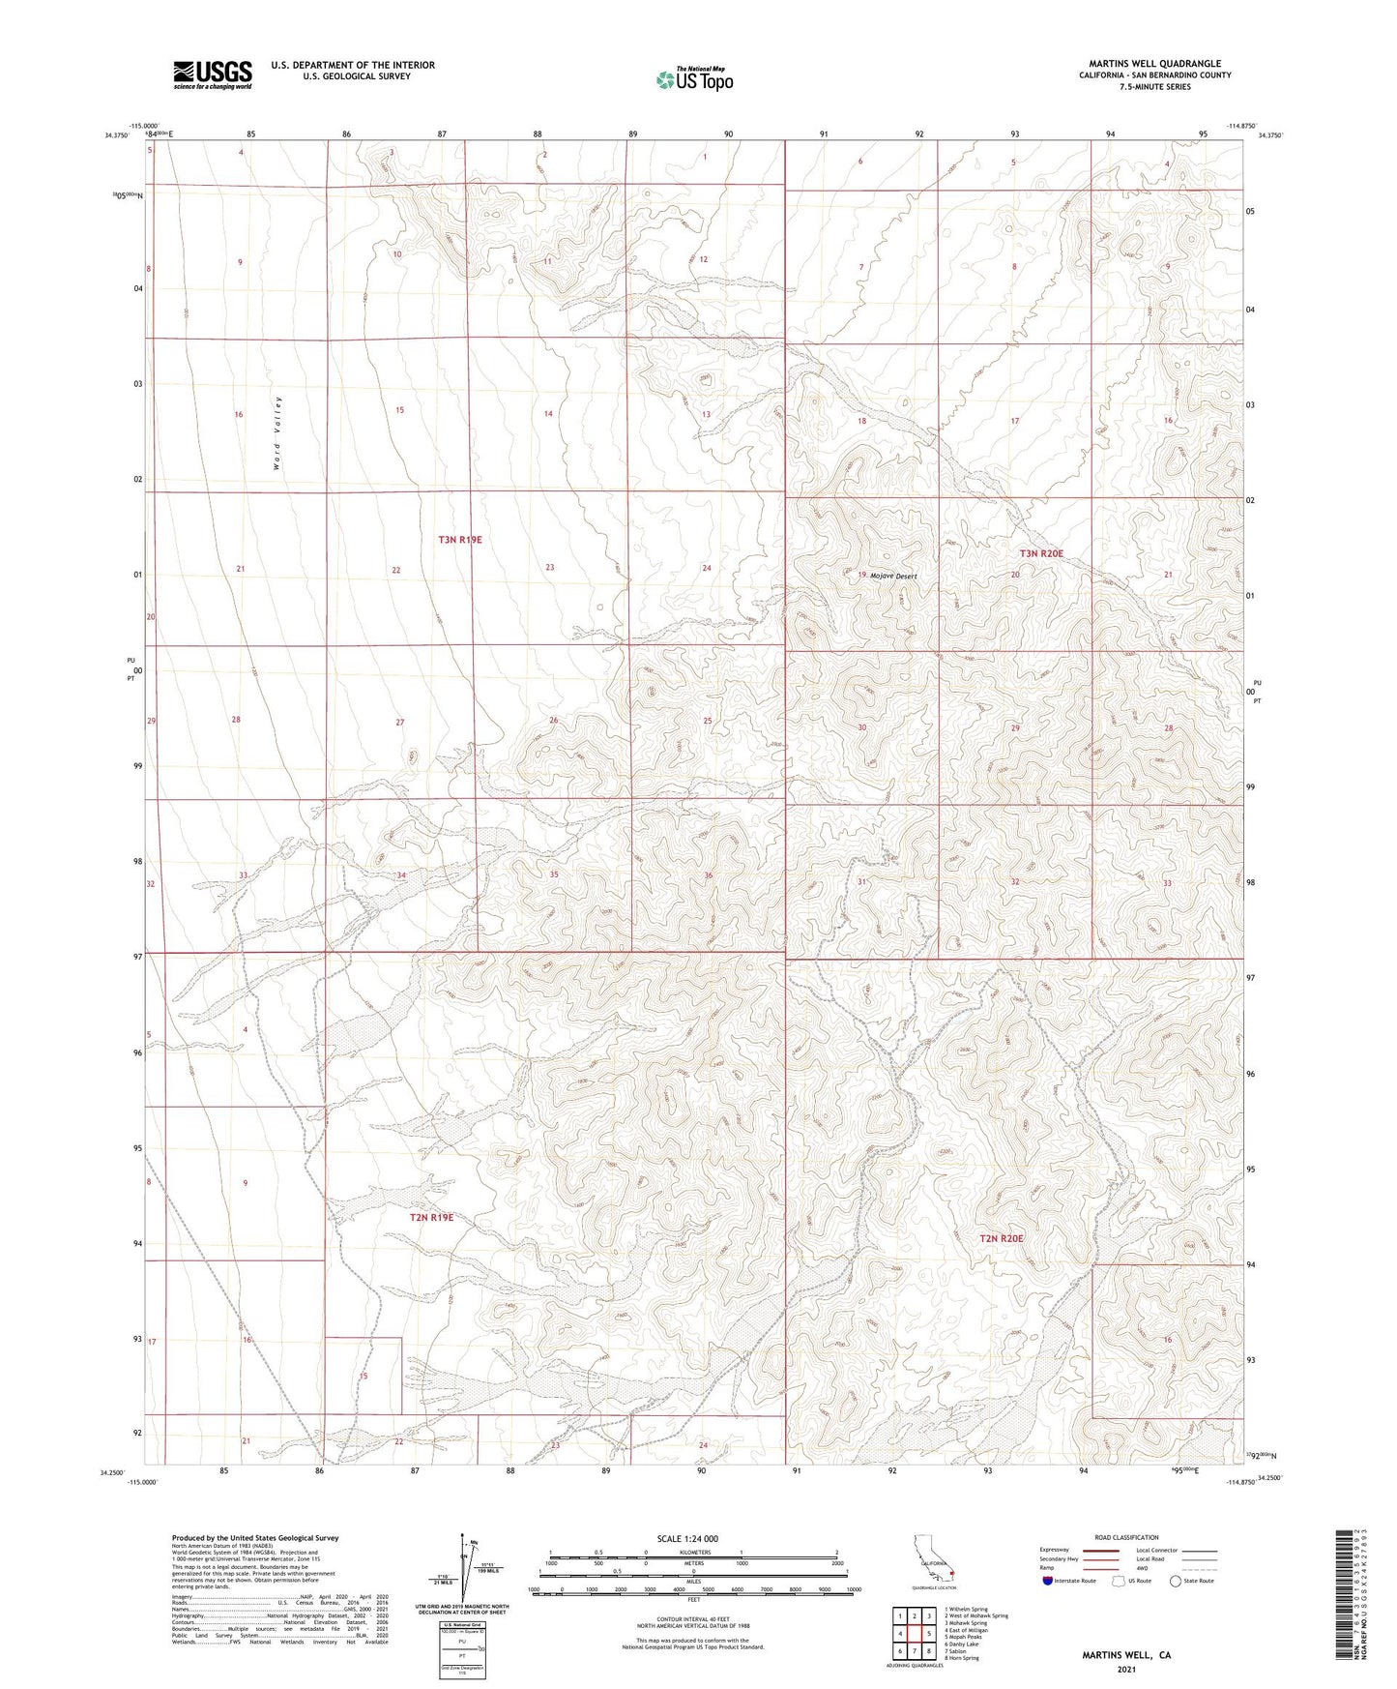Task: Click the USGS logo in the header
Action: click(213, 74)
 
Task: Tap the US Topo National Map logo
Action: click(693, 79)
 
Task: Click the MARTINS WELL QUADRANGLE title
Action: click(1154, 64)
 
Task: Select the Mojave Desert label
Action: click(892, 576)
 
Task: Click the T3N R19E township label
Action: click(459, 540)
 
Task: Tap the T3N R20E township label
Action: click(1041, 553)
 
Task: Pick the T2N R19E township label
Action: click(431, 1217)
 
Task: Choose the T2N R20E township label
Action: click(1001, 1238)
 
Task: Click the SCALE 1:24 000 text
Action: click(686, 1538)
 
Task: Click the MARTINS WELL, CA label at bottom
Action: click(1126, 1655)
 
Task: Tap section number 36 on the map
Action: click(709, 875)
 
